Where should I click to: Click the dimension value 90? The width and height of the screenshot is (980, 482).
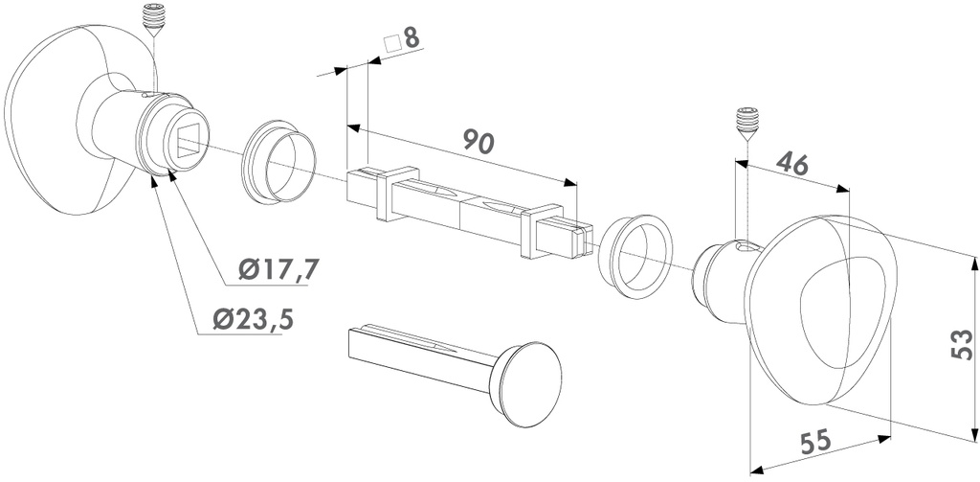pos(479,141)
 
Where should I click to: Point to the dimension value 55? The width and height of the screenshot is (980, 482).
pos(814,442)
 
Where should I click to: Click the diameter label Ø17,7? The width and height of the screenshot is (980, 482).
pos(278,271)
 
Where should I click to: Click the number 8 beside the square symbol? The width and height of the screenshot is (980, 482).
pos(412,39)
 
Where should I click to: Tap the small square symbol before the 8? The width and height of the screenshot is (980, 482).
pos(390,43)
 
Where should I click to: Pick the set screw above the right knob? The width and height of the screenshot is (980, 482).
pos(747,122)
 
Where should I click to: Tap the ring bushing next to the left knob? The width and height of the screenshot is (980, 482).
pos(280,162)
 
